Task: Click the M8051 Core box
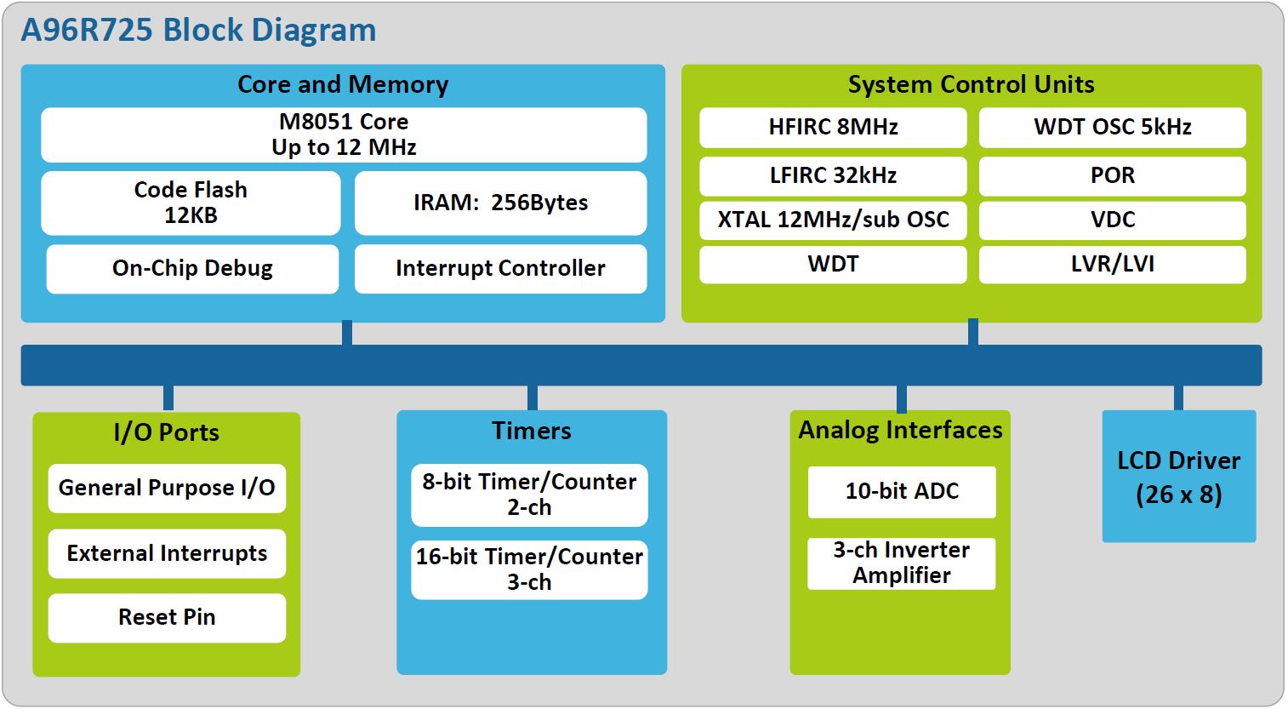point(344,134)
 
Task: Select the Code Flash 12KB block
point(191,203)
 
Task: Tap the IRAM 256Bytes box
point(500,203)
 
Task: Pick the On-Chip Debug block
point(192,269)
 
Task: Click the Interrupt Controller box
point(500,269)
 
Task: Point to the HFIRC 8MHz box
point(833,128)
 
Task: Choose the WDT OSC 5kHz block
point(1112,128)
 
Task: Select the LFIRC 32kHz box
point(833,176)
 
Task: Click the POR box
point(1112,176)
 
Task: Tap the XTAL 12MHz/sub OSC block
point(833,220)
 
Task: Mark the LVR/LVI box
point(1112,265)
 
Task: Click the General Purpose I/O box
point(167,489)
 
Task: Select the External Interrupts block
point(167,554)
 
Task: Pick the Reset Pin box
point(167,618)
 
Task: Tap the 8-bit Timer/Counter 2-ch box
point(529,495)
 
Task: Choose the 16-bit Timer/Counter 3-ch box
point(529,570)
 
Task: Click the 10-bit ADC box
point(902,492)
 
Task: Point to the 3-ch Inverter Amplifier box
point(902,563)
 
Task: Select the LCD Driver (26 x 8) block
point(1178,477)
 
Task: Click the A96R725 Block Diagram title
point(198,31)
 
